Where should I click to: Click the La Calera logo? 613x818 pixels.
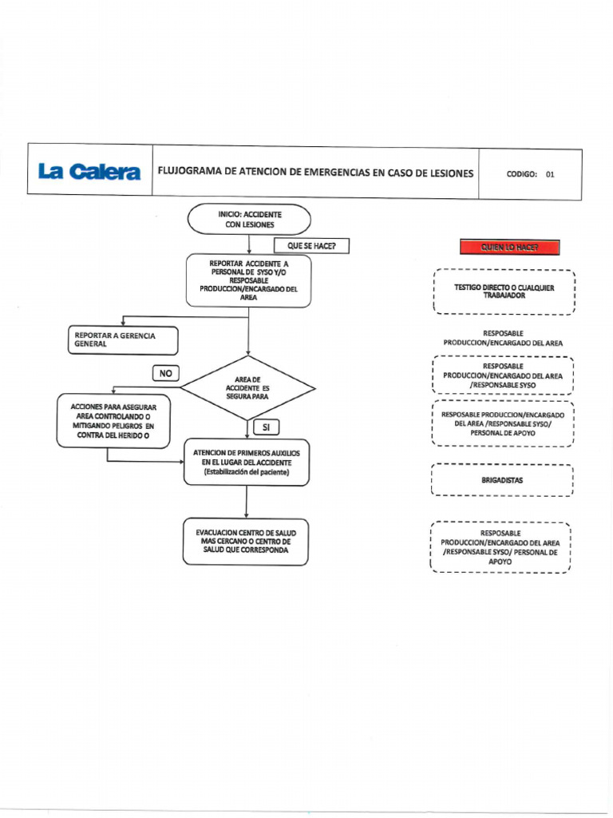tap(89, 172)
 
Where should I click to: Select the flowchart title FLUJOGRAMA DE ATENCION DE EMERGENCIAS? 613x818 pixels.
tap(315, 173)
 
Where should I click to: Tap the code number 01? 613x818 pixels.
tap(550, 173)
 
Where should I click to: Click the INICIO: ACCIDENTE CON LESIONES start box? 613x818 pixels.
tap(248, 220)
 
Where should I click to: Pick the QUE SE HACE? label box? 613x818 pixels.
tap(312, 246)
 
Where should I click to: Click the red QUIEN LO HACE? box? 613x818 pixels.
tap(509, 248)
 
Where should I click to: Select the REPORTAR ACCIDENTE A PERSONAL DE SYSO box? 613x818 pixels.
tap(248, 280)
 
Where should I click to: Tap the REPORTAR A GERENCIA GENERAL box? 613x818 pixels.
tap(123, 340)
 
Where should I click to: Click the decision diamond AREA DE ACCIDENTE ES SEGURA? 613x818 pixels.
tap(247, 388)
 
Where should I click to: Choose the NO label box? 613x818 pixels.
tap(166, 373)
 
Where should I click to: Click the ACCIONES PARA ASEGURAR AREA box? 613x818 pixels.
tap(113, 421)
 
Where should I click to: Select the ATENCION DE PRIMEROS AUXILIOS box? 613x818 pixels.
tap(247, 463)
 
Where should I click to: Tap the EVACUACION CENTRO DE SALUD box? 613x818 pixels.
tap(246, 542)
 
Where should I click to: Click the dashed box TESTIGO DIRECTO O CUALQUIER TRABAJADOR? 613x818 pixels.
tap(504, 292)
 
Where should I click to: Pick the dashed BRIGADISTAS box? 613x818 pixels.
tap(503, 480)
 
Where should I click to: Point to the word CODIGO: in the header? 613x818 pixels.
tap(522, 173)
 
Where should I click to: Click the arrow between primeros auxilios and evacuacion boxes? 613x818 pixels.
tap(247, 502)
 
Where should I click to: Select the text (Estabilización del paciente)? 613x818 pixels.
tap(246, 472)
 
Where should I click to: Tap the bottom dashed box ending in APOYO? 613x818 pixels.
tap(500, 547)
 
